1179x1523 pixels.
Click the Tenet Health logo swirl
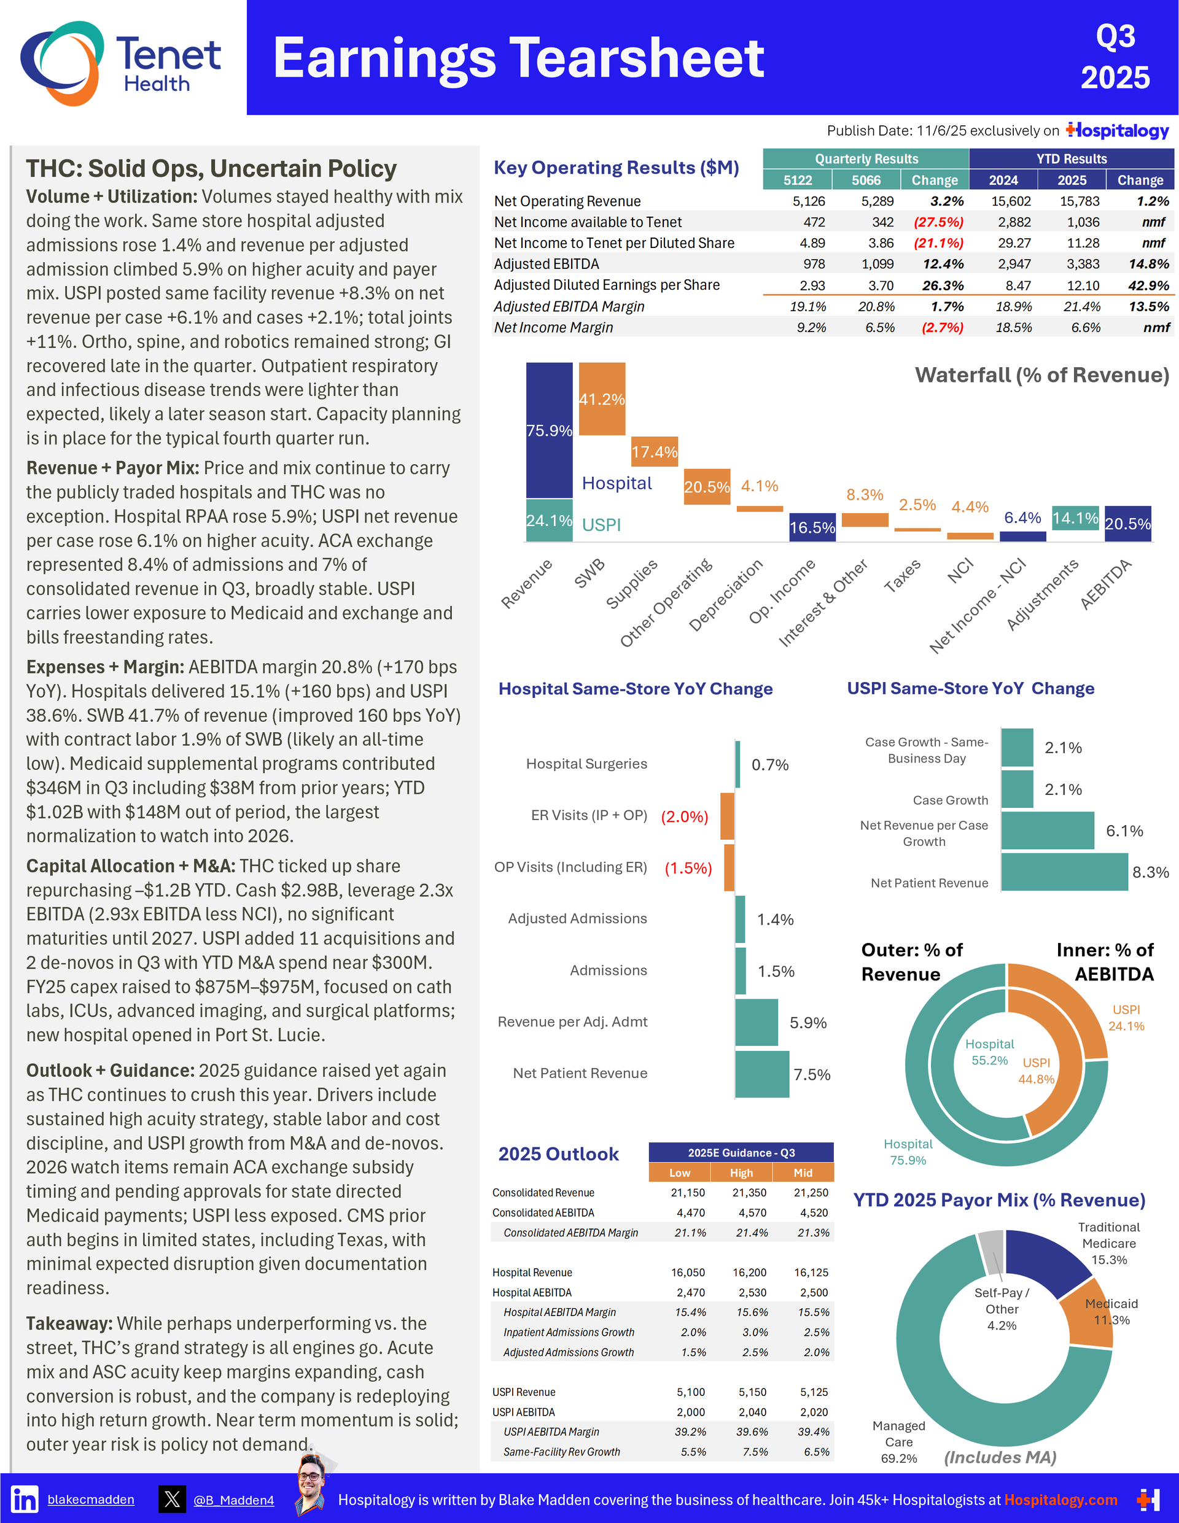click(61, 63)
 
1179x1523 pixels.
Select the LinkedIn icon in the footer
click(25, 1498)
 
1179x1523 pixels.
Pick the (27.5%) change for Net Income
click(938, 222)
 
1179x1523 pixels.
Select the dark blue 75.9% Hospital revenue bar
click(549, 430)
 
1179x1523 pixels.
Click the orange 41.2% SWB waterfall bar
click(602, 399)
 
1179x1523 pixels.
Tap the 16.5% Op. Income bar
click(812, 527)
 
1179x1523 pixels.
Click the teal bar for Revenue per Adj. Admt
click(757, 1022)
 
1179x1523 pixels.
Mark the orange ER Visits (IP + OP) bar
click(727, 816)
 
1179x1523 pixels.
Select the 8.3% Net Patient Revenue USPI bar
click(1064, 872)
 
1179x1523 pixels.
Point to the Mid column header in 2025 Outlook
click(803, 1173)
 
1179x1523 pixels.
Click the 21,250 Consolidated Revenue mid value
click(811, 1193)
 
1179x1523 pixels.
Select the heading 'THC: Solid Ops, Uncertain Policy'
click(211, 169)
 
